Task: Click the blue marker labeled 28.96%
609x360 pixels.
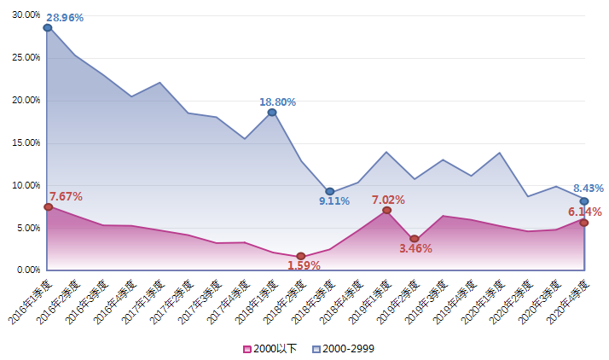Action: pyautogui.click(x=48, y=27)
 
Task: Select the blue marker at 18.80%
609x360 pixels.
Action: pyautogui.click(x=272, y=113)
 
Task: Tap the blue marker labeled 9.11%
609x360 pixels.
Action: pyautogui.click(x=330, y=191)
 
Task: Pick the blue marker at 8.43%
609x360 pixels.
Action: pyautogui.click(x=584, y=201)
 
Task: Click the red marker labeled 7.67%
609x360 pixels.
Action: pyautogui.click(x=48, y=207)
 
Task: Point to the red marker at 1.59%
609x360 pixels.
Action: pyautogui.click(x=301, y=256)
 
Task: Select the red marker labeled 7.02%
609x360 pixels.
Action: pyautogui.click(x=387, y=210)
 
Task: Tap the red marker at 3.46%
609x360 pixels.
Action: pyautogui.click(x=415, y=240)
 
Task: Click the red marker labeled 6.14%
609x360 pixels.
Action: pyautogui.click(x=584, y=223)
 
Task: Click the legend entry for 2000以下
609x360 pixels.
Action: pyautogui.click(x=271, y=348)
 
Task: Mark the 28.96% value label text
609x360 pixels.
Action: pyautogui.click(x=65, y=17)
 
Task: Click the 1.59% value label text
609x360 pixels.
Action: pyautogui.click(x=304, y=265)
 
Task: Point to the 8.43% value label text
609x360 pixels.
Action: pyautogui.click(x=589, y=189)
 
